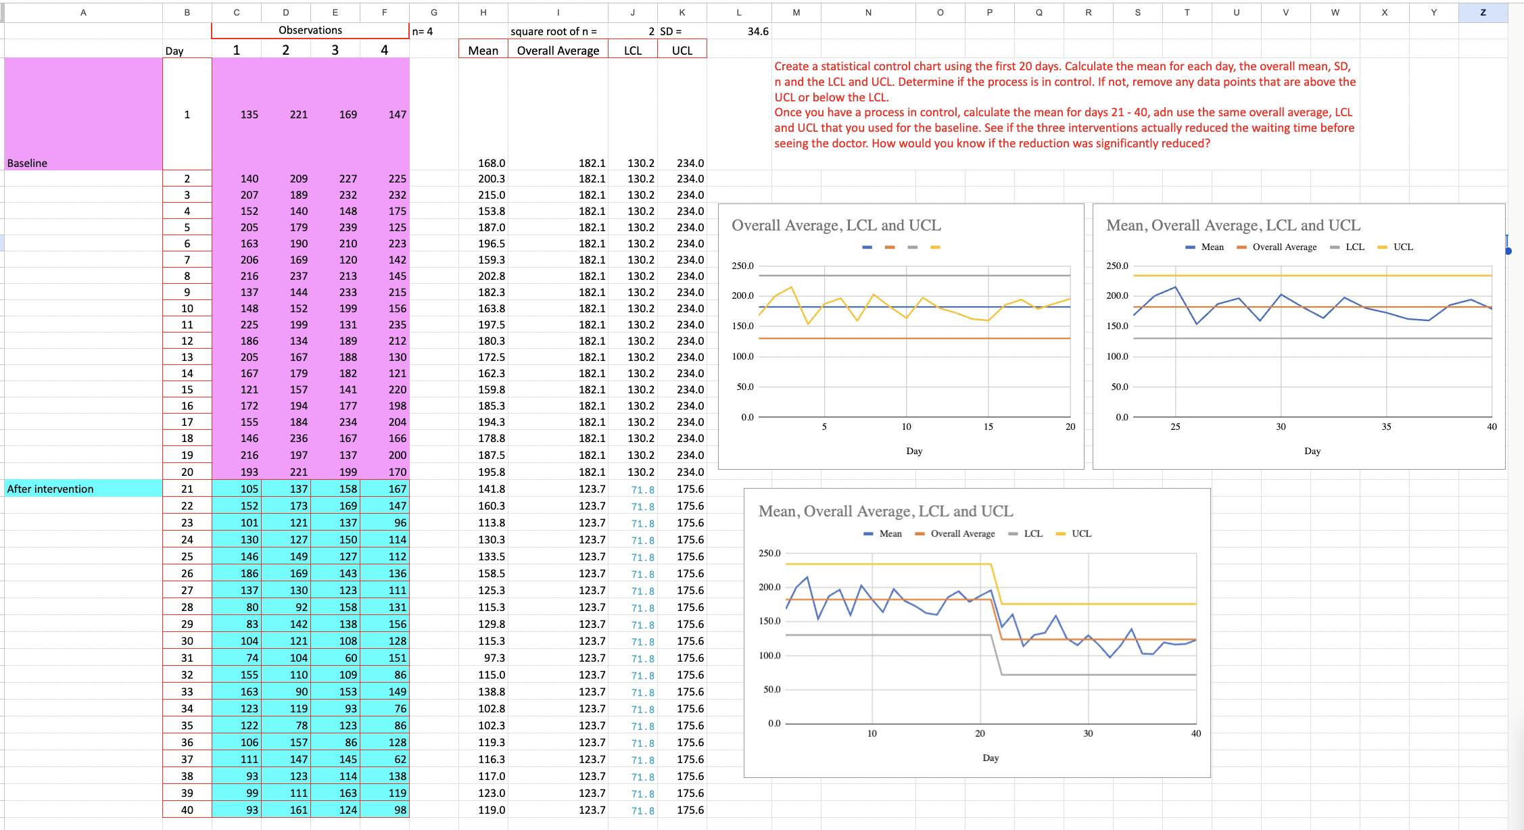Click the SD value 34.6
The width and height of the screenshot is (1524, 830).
757,31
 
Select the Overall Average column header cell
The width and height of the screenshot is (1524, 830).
558,51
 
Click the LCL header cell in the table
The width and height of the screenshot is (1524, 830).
632,51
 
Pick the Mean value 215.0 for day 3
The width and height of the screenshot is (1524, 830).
492,195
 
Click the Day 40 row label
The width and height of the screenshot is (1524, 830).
187,810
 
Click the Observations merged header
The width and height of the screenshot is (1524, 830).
310,30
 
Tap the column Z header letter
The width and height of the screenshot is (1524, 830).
1483,12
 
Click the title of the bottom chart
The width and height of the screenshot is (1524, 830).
886,511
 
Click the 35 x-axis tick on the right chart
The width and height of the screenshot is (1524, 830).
1386,426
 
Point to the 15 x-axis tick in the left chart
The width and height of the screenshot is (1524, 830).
988,426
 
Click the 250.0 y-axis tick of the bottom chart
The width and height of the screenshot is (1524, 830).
769,553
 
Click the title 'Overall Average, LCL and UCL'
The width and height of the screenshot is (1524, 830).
836,225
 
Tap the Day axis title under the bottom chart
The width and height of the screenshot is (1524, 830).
991,758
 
